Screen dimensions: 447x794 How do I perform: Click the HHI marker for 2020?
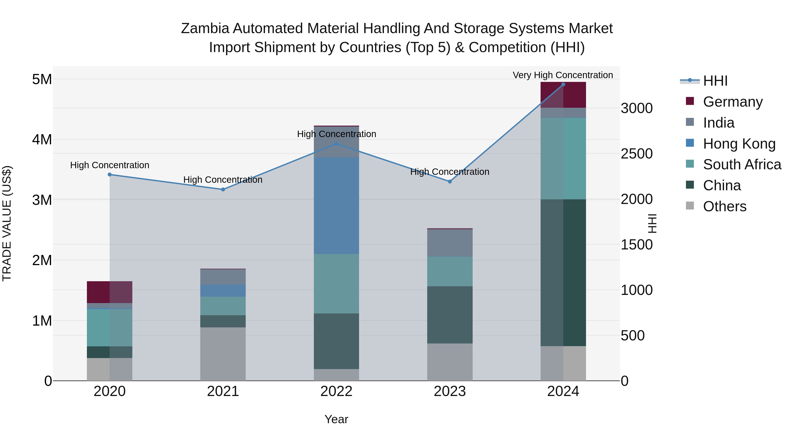[x=110, y=175]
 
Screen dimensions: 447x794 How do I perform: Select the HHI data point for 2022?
[x=337, y=144]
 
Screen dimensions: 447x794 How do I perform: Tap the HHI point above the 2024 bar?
[x=563, y=85]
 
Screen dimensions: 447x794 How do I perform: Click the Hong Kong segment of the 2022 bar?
[x=337, y=206]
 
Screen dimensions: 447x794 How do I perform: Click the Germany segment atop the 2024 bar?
[x=563, y=95]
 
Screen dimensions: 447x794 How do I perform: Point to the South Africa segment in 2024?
[x=563, y=158]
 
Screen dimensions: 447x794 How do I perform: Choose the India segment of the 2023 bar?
[x=450, y=243]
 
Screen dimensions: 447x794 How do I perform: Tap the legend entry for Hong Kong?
[x=739, y=144]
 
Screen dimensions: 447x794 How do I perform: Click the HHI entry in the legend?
[x=715, y=81]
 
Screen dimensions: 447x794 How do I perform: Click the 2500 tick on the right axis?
[x=637, y=154]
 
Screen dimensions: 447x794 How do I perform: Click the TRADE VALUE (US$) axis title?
[x=7, y=223]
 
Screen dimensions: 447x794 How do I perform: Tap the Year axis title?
[x=336, y=419]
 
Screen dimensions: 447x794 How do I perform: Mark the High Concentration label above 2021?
[x=223, y=179]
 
